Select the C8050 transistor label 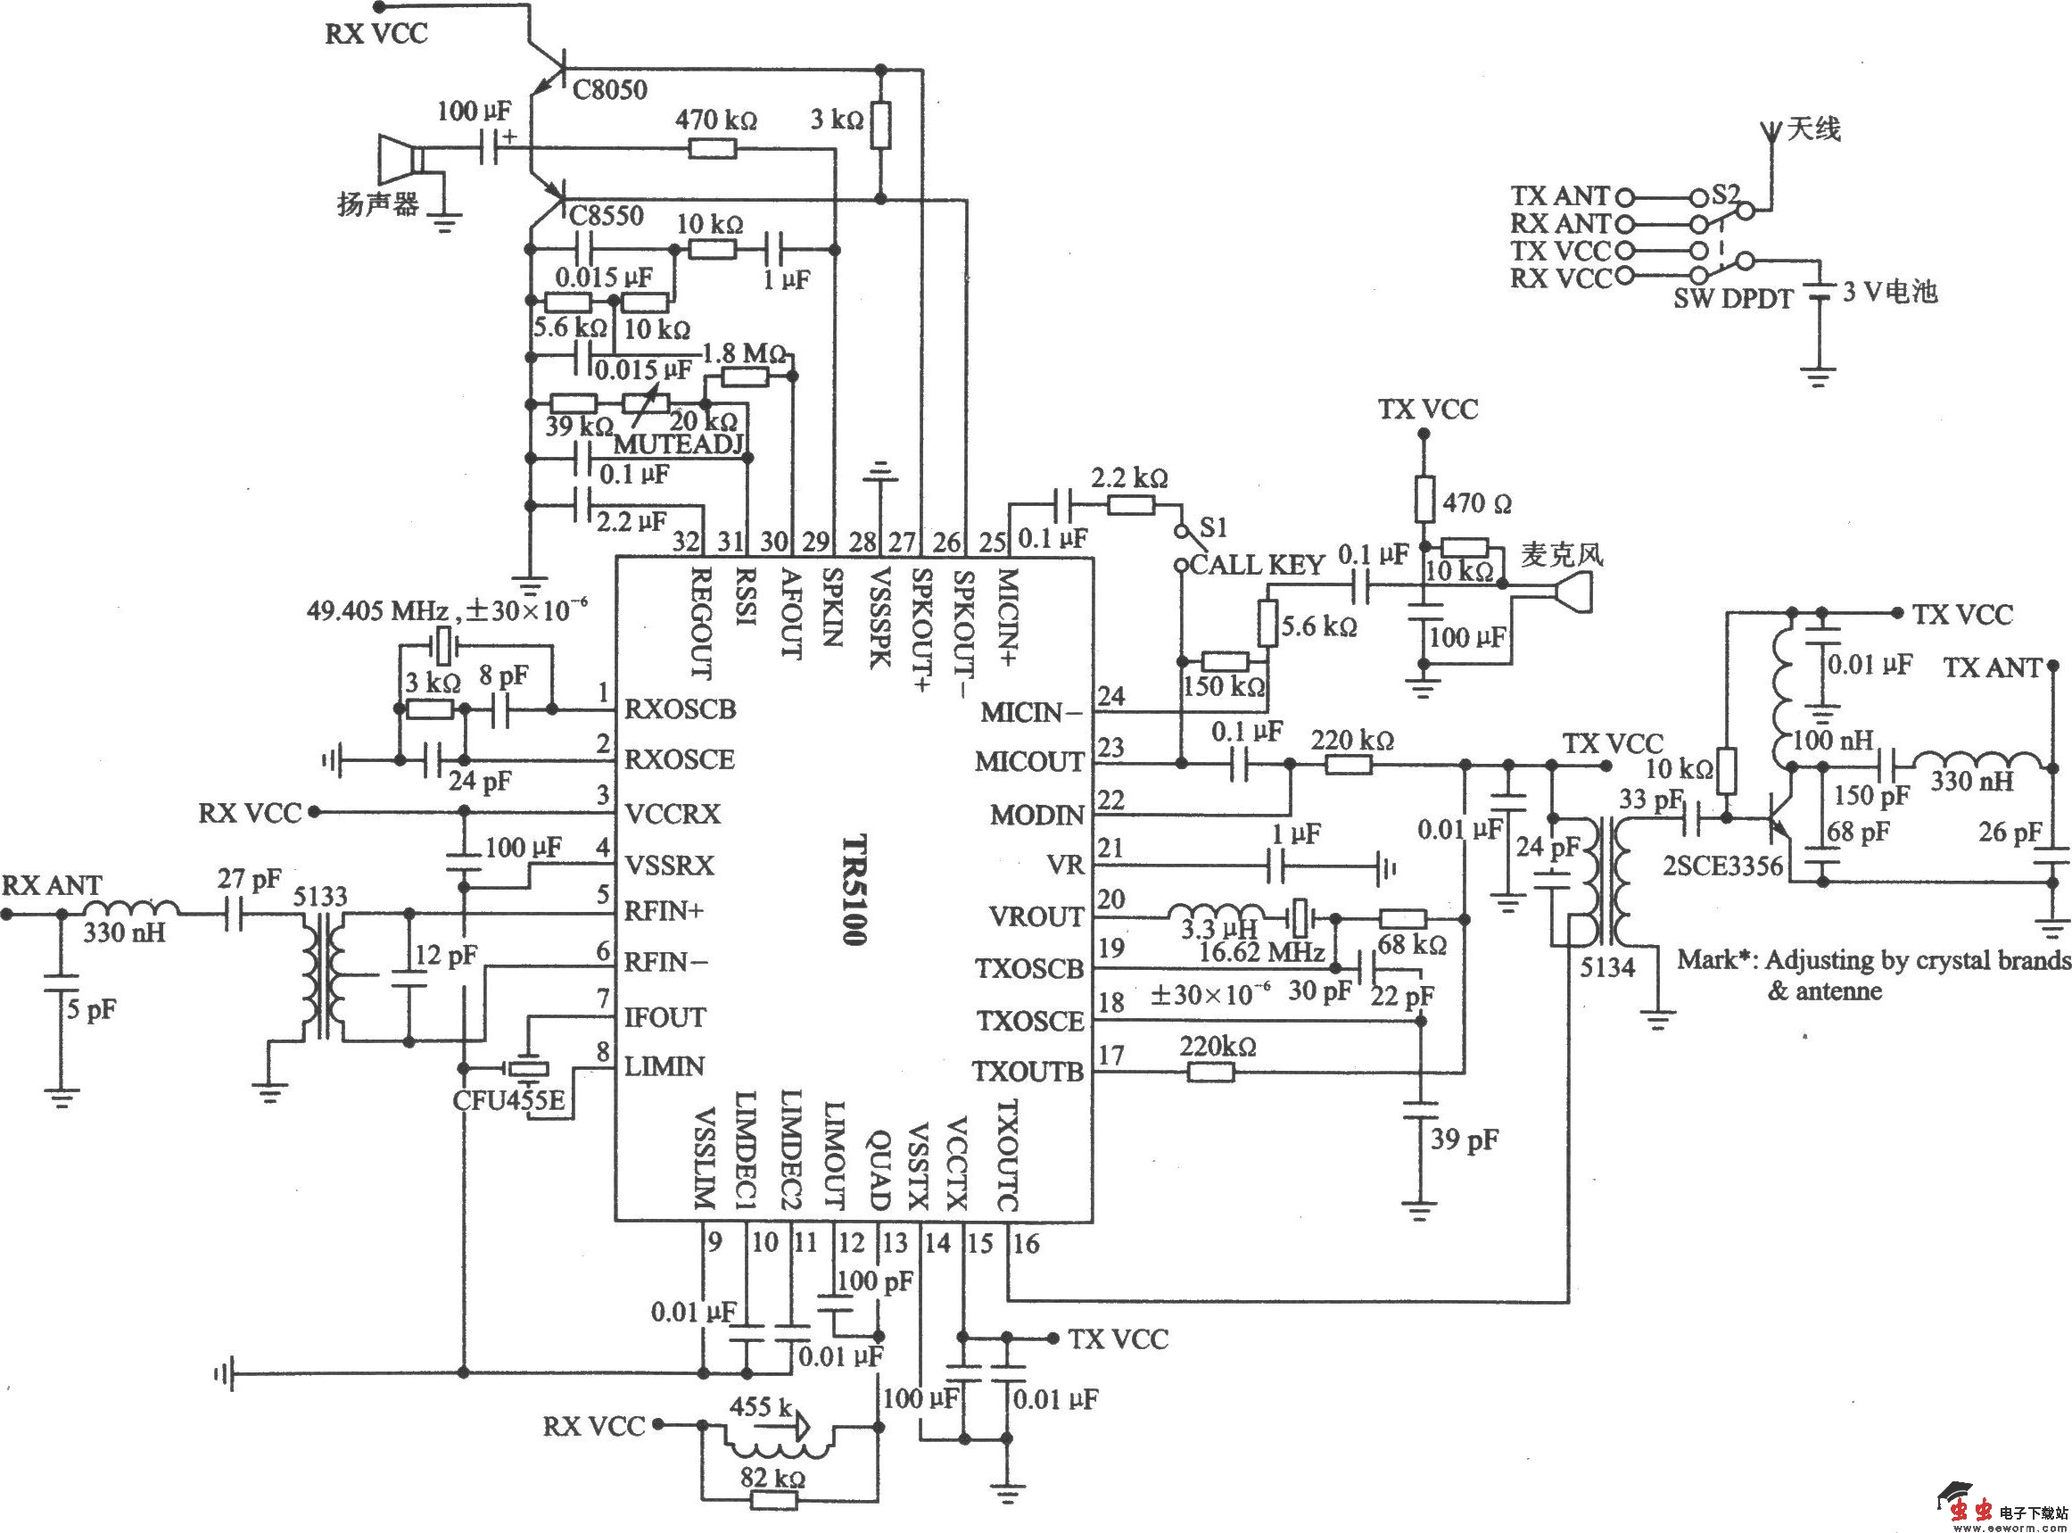pyautogui.click(x=609, y=90)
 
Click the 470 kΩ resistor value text pyautogui.click(x=715, y=120)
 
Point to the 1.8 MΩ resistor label pyautogui.click(x=745, y=353)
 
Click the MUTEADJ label pyautogui.click(x=679, y=443)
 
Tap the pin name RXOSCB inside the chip pyautogui.click(x=680, y=709)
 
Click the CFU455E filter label pyautogui.click(x=509, y=1100)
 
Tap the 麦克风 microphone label pyautogui.click(x=1562, y=555)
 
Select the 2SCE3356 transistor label pyautogui.click(x=1722, y=866)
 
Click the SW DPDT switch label pyautogui.click(x=1732, y=299)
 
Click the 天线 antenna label pyautogui.click(x=1813, y=129)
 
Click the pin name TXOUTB pyautogui.click(x=1028, y=1072)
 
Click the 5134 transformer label pyautogui.click(x=1607, y=967)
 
